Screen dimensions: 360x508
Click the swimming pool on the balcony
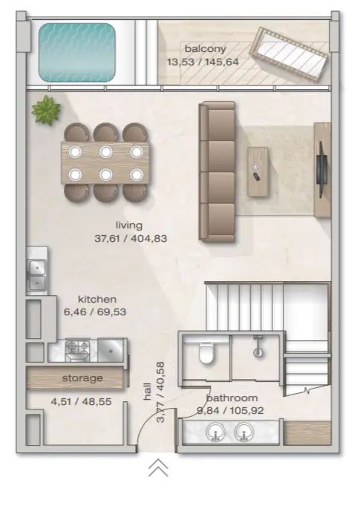[77, 52]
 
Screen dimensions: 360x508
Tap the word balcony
[205, 49]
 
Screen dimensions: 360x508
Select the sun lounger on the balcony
[288, 54]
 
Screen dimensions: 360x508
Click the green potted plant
[46, 110]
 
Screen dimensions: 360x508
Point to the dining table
[105, 163]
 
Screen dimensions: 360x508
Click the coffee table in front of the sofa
[258, 172]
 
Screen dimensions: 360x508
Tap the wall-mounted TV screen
[321, 169]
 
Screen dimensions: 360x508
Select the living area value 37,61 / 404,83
[131, 239]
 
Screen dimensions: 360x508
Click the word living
[129, 225]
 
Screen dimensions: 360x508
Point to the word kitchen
[97, 299]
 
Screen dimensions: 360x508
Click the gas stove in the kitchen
[77, 350]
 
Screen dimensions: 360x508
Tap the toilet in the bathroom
[206, 353]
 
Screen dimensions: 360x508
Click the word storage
[82, 378]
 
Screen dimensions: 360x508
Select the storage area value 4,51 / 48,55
[81, 402]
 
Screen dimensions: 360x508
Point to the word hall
[147, 392]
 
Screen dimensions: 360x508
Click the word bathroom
[232, 398]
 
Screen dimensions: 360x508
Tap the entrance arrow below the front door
[158, 467]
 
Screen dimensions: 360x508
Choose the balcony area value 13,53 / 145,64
[203, 62]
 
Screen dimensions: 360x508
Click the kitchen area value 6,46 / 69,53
[95, 312]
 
